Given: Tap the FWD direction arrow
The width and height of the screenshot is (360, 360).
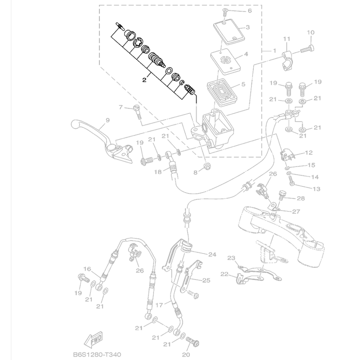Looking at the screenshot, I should (94, 338).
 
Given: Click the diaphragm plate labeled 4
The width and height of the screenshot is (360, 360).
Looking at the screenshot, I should (225, 60).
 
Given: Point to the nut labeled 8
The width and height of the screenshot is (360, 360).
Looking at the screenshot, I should (207, 168).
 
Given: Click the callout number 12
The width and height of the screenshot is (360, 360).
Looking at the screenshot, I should (309, 153).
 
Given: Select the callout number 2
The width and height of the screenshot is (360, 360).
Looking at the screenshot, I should (144, 80).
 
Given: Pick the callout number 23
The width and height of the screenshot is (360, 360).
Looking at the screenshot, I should (231, 258).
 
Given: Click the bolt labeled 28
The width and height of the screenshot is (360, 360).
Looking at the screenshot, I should (282, 195).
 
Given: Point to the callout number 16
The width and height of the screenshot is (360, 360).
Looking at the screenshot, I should (87, 269).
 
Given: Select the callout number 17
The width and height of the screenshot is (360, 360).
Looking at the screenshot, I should (159, 304).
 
